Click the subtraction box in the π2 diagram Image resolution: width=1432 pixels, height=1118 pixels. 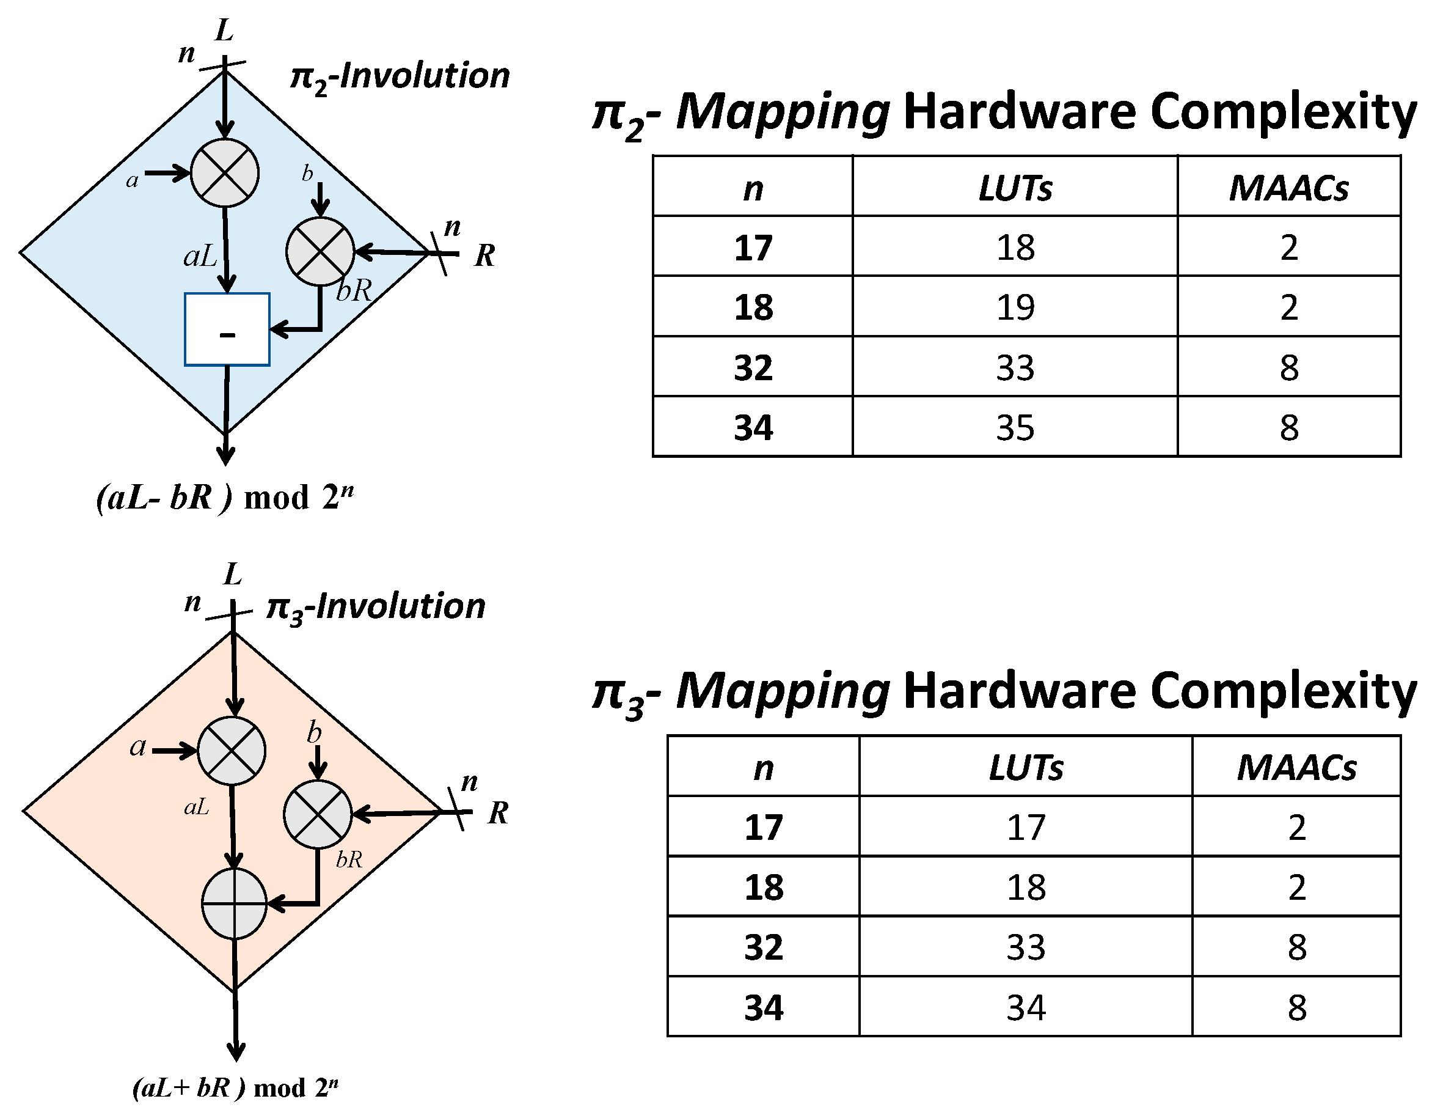pos(227,329)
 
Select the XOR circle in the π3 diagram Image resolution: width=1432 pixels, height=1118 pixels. pos(234,903)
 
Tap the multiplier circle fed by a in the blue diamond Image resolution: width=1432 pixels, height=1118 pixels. pos(225,173)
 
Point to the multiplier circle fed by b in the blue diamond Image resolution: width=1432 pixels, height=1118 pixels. pos(320,251)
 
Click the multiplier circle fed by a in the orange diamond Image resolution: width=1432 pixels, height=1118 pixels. pos(232,751)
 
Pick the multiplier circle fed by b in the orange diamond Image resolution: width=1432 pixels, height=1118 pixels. pos(317,814)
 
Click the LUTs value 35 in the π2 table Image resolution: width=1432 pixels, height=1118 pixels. pos(1015,428)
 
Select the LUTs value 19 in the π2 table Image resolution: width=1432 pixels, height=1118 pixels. pos(1015,307)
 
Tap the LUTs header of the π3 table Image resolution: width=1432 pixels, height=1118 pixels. pos(1026,768)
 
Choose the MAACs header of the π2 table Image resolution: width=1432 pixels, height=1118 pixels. pos(1288,188)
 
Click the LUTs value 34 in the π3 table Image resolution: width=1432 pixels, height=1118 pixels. pos(1026,1008)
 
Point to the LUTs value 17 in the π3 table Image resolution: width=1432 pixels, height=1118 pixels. pos(1026,828)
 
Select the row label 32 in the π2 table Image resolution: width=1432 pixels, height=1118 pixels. pos(753,367)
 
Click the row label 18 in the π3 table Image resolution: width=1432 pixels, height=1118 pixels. pos(764,888)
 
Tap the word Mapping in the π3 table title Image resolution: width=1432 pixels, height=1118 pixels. pos(782,693)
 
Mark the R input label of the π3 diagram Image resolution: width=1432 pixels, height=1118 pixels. pos(499,813)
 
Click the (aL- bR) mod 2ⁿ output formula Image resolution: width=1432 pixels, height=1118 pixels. pos(225,498)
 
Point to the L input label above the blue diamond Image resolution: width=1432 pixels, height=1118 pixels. pos(224,30)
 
